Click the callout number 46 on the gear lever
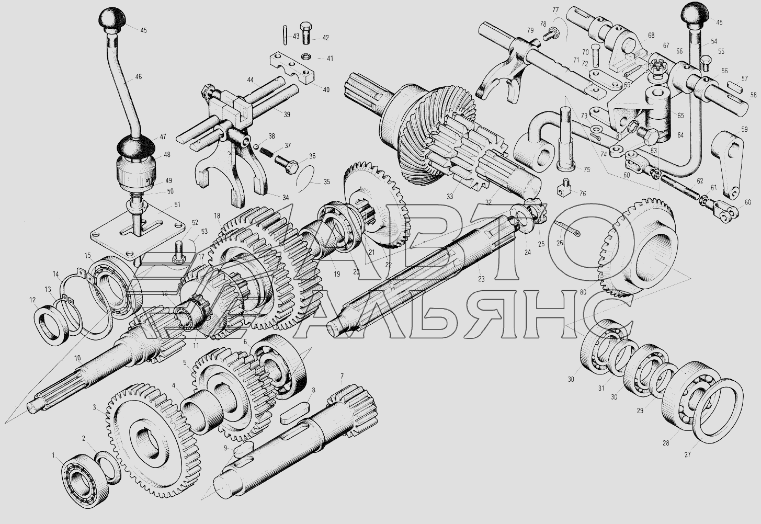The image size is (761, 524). [x=138, y=77]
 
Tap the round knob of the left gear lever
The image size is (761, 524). [x=112, y=17]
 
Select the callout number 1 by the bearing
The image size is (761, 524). [x=53, y=454]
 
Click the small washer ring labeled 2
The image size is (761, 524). [x=107, y=468]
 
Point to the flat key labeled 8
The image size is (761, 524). [x=294, y=413]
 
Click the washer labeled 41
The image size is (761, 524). [x=305, y=56]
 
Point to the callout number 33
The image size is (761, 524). [x=450, y=196]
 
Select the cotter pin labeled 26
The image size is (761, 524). [x=567, y=228]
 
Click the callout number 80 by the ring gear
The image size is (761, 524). [x=583, y=291]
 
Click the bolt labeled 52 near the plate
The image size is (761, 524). [x=179, y=253]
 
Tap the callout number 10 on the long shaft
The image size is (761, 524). [x=77, y=358]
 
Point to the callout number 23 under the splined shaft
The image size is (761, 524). [x=481, y=279]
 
